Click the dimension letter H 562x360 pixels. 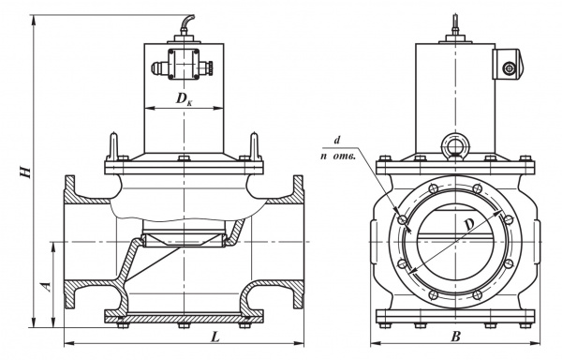tap(25, 172)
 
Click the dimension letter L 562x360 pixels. tap(215, 337)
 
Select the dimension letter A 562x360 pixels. tap(46, 287)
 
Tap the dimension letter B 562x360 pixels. tap(455, 337)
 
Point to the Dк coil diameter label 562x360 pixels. tap(184, 99)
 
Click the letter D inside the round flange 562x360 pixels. tap(470, 225)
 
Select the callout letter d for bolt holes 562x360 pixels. tap(336, 141)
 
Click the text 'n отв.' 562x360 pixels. tap(338, 157)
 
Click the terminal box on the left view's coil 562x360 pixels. tap(184, 64)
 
